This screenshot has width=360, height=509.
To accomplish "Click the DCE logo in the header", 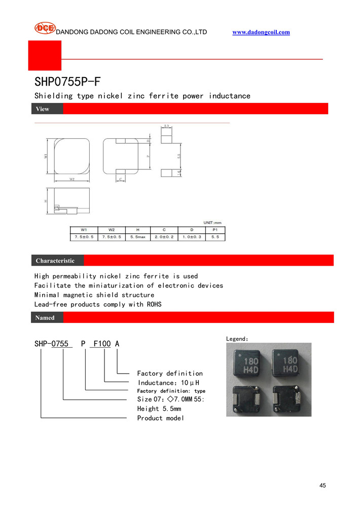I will (45, 29).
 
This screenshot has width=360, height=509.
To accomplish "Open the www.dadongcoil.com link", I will (261, 32).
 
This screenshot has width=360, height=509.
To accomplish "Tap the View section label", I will (43, 109).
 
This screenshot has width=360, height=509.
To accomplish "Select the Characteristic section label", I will (55, 261).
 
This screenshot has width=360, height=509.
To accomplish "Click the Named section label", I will (45, 318).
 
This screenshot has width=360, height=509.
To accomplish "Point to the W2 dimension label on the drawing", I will (72, 179).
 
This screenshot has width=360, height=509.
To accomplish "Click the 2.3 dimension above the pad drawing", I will (167, 126).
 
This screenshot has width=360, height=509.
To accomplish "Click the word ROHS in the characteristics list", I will (153, 304).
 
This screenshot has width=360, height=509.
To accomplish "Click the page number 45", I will (323, 485).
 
